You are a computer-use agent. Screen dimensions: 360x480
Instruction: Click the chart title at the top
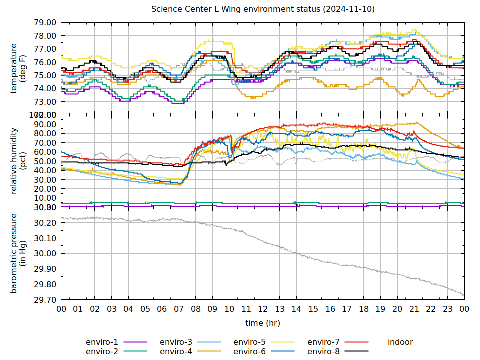(263, 9)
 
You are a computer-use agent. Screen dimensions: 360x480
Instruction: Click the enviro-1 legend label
(102, 342)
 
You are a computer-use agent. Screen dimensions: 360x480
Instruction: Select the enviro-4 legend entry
(176, 352)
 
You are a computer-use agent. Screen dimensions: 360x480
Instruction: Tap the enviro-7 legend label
(323, 342)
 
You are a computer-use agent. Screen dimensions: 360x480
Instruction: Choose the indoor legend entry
(400, 342)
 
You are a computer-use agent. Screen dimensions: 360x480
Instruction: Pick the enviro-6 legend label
(249, 352)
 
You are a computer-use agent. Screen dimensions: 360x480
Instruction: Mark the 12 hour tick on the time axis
(263, 309)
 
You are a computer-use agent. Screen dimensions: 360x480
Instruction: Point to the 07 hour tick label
(179, 309)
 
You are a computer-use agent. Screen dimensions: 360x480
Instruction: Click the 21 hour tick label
(414, 309)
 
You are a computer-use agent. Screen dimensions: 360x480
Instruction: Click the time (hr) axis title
(263, 323)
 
